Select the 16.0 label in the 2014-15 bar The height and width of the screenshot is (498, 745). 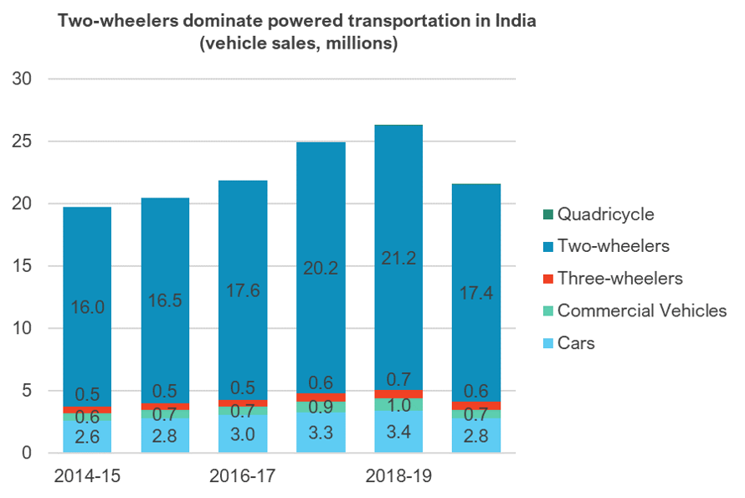pos(87,306)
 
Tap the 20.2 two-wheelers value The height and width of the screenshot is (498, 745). pos(320,268)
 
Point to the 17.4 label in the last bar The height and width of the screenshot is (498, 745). pos(475,293)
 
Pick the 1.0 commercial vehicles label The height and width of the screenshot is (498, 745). pos(398,407)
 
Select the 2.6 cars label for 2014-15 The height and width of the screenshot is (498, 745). pos(87,437)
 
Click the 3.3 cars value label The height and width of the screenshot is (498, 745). pos(320,434)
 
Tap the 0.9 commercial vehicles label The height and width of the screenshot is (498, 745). pos(320,408)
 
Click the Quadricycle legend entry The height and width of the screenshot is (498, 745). pos(606,214)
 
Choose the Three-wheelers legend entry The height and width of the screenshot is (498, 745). pos(620,279)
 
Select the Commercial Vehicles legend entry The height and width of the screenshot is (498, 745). pos(642,311)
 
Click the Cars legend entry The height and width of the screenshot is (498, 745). pos(576,342)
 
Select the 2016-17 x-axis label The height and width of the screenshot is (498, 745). pos(242,476)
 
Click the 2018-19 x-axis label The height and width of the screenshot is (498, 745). pos(398,476)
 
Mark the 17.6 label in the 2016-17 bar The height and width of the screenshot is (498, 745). pos(242,290)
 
